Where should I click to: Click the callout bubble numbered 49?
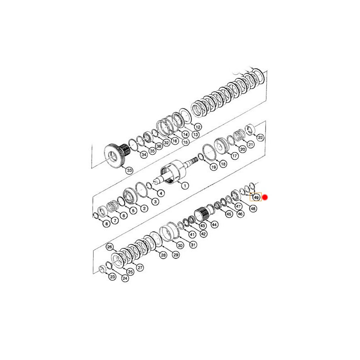[256, 197]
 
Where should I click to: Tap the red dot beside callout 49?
[265, 197]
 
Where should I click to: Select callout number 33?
[130, 171]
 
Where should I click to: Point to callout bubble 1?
[185, 185]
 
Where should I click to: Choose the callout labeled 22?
[261, 138]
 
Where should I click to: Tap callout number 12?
[198, 127]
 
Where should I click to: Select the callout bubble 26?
[110, 247]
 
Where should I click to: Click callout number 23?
[112, 277]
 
